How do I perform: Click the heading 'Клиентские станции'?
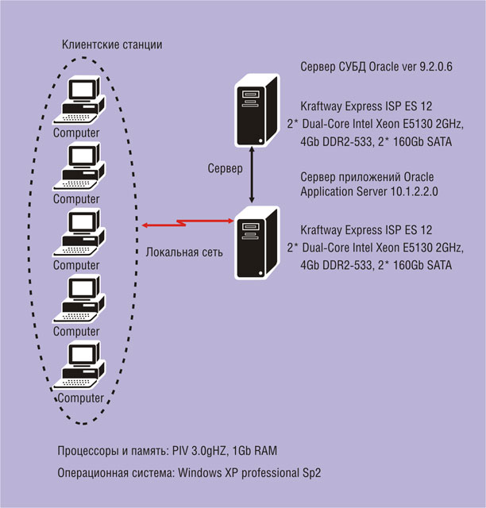pyautogui.click(x=112, y=44)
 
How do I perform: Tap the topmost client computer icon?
pyautogui.click(x=79, y=100)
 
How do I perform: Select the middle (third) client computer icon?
pyautogui.click(x=79, y=233)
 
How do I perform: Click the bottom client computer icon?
pyautogui.click(x=79, y=365)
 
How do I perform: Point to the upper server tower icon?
pyautogui.click(x=256, y=110)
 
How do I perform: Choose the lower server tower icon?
pyautogui.click(x=256, y=243)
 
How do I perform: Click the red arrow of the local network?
pyautogui.click(x=188, y=223)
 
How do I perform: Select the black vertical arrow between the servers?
pyautogui.click(x=252, y=175)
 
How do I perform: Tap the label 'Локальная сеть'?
pyautogui.click(x=184, y=252)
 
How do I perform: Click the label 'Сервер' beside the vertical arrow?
pyautogui.click(x=225, y=168)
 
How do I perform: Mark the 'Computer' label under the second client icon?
pyautogui.click(x=76, y=199)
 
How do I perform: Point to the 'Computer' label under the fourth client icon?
pyautogui.click(x=76, y=332)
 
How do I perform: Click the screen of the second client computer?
pyautogui.click(x=83, y=156)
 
